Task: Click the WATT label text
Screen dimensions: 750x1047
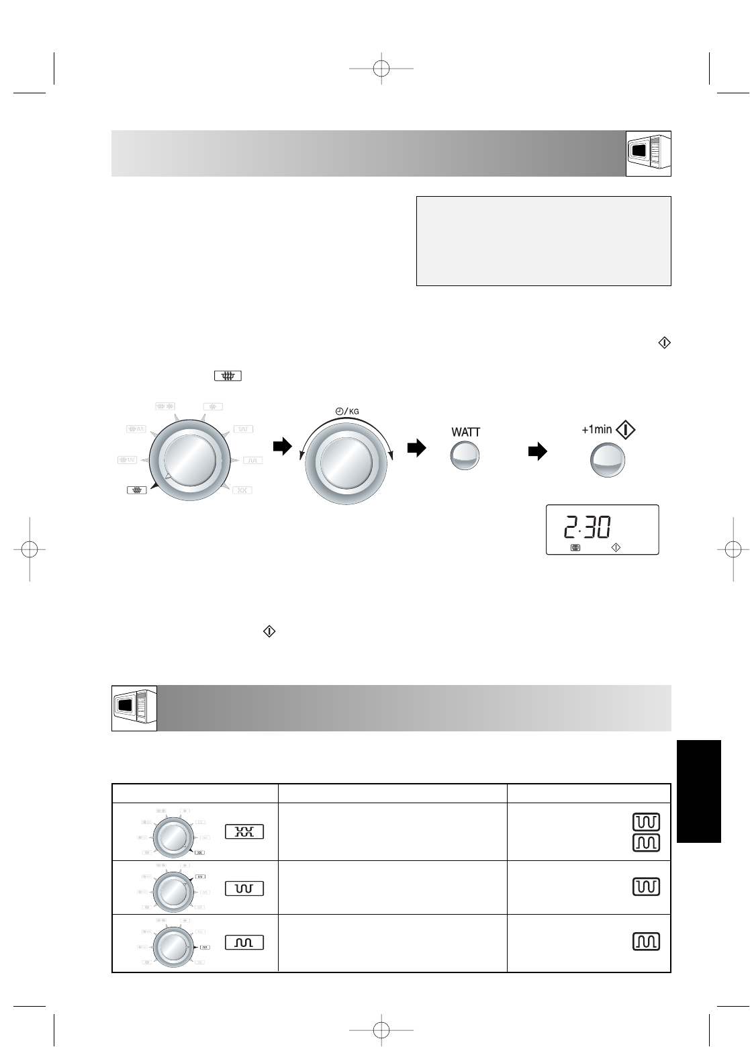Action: (x=465, y=432)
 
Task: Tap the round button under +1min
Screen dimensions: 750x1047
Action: (x=608, y=460)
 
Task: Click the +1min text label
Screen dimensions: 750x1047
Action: (x=597, y=429)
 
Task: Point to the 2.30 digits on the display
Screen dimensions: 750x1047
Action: (x=587, y=527)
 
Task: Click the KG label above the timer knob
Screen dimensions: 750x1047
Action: (x=355, y=411)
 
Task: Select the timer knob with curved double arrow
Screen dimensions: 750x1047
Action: (x=346, y=463)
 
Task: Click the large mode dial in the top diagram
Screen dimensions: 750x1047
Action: (x=190, y=460)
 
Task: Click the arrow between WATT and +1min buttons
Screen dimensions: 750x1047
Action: (x=537, y=451)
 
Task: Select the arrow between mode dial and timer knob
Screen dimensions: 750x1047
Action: (x=282, y=446)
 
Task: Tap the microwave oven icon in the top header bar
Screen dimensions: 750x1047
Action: (x=648, y=153)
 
